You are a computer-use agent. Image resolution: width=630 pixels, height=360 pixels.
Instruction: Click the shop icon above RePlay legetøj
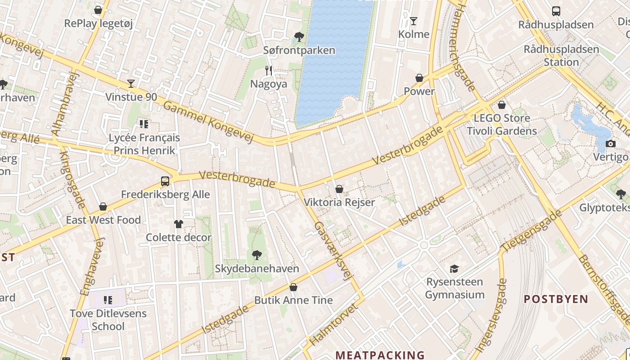pos(98,10)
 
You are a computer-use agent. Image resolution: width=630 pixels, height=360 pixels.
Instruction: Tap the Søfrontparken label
pos(299,50)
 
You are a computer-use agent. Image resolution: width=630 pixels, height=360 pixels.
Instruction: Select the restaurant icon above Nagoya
pos(269,70)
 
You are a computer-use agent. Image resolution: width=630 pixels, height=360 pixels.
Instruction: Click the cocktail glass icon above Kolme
pos(414,21)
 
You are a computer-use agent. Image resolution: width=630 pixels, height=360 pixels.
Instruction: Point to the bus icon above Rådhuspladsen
pos(556,11)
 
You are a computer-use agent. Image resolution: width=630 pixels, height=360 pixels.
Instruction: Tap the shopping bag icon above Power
pos(419,78)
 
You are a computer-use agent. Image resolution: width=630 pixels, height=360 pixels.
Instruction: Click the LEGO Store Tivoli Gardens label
pos(502,124)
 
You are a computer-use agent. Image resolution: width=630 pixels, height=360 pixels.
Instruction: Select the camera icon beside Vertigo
pos(611,144)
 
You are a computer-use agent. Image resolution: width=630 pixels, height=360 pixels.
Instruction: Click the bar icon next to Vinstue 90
pos(131,83)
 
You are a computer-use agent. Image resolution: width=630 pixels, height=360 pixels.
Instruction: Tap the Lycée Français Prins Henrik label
pos(144,144)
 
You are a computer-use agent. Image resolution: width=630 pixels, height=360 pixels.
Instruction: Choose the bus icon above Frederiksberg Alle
pos(165,181)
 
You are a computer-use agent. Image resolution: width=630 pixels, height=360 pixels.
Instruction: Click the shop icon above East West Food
pos(103,207)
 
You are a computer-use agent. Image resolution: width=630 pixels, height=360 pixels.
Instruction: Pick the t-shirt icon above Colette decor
pos(179,224)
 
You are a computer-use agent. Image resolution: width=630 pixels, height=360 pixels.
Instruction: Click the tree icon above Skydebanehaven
pos(257,255)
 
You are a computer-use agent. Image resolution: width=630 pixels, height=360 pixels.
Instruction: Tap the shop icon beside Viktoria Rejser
pos(339,189)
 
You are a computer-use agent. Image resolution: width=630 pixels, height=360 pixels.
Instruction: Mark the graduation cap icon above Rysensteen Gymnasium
pos(454,269)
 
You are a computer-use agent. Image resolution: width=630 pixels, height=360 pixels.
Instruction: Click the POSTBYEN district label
pos(556,299)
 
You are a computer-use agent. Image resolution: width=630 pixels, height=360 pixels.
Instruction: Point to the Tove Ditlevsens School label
pos(108,319)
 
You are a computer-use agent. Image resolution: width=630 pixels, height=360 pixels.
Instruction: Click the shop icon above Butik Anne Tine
pos(293,287)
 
